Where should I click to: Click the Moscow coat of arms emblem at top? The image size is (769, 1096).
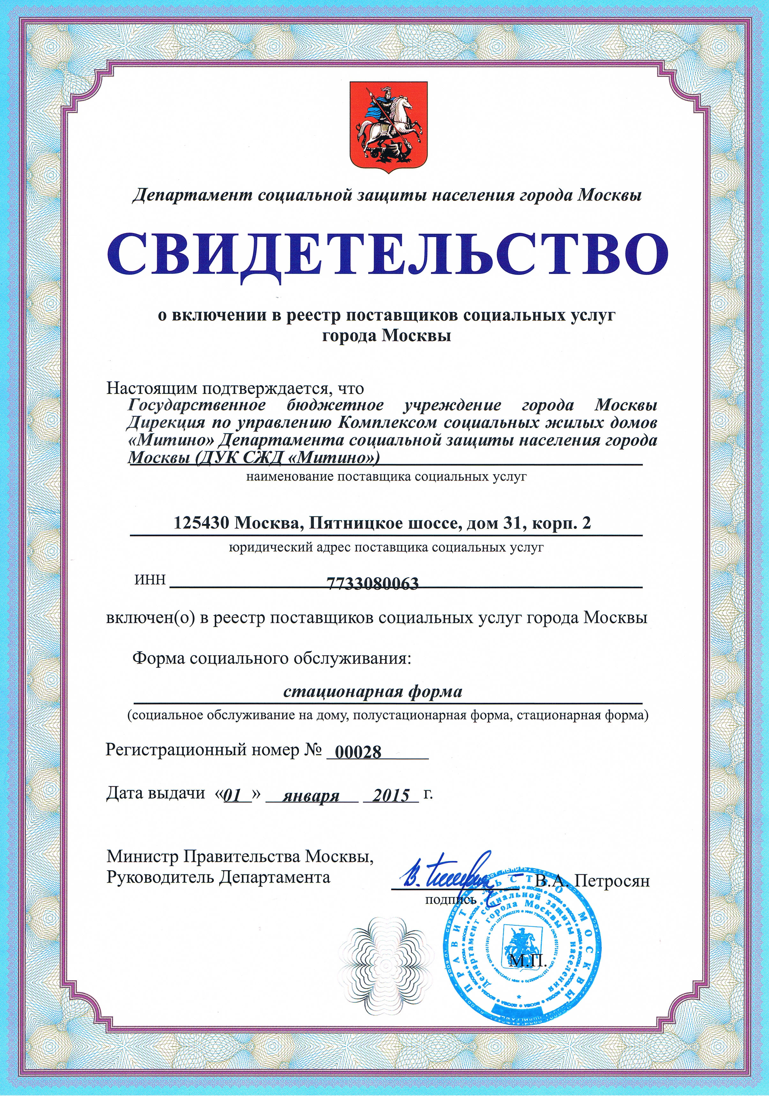click(x=387, y=125)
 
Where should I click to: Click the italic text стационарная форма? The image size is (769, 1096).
click(x=373, y=691)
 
